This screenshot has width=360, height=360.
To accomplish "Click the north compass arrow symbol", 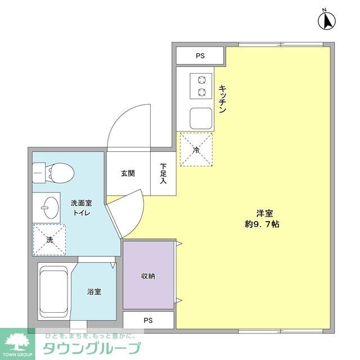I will click(327, 20).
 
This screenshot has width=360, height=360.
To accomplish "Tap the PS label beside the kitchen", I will click(200, 56).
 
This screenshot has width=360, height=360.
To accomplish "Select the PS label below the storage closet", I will click(148, 321).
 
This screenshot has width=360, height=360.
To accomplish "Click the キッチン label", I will click(223, 100).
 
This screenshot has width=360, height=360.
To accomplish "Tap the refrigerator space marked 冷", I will click(196, 150).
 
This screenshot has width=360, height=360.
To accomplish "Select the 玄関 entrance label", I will click(128, 174).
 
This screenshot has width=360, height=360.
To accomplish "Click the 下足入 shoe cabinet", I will click(163, 174).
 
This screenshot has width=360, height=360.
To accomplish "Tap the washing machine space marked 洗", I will click(49, 239).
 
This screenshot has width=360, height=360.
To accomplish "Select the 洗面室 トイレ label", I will click(81, 208).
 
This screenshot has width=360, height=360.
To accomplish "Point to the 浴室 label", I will click(94, 292).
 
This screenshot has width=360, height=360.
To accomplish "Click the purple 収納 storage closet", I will click(148, 276).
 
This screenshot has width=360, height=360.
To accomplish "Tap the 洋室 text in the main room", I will click(264, 213).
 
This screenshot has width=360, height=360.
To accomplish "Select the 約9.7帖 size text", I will click(262, 224).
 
